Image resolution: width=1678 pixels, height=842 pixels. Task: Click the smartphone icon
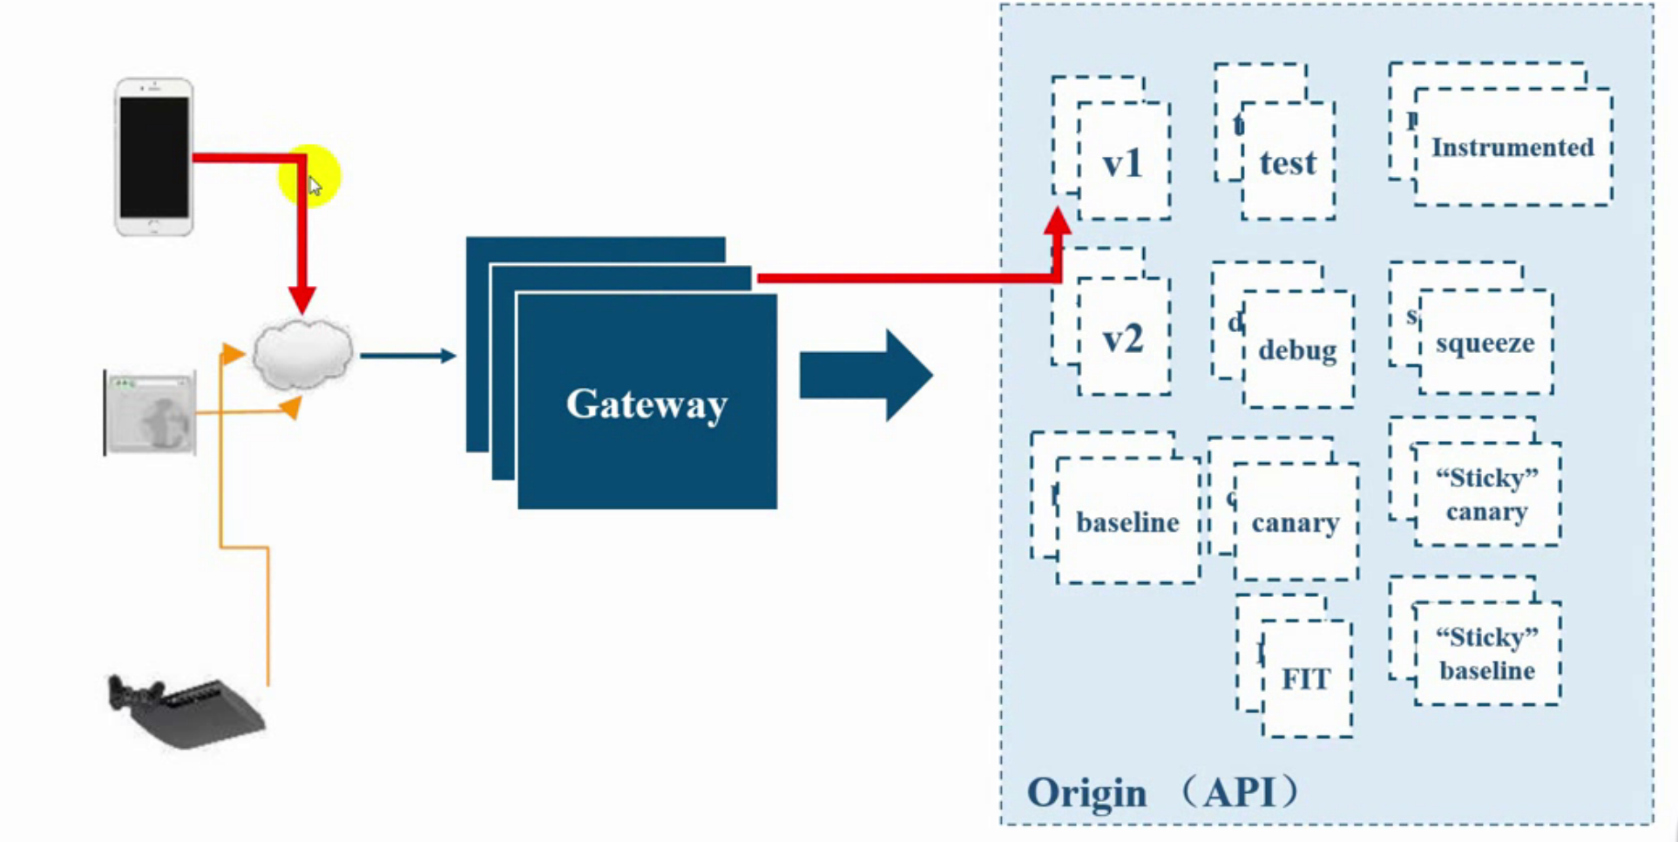154,157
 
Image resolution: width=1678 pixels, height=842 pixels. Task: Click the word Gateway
646,404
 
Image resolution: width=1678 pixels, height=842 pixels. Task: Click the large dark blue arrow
866,376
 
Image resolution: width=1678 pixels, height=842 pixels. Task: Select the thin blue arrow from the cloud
408,356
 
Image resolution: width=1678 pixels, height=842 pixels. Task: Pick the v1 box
1123,161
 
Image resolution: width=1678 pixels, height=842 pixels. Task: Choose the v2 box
1123,338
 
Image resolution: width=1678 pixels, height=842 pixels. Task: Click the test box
1288,162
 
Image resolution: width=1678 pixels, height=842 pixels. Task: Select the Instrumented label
1512,147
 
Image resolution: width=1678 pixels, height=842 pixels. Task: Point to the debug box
1297,350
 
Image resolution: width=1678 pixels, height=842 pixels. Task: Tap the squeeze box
1485,343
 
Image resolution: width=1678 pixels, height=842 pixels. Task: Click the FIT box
1306,678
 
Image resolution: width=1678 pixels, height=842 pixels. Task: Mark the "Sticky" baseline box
1487,654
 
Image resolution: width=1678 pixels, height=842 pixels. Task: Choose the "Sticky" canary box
1487,494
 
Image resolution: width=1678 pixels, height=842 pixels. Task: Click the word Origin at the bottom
1086,793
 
